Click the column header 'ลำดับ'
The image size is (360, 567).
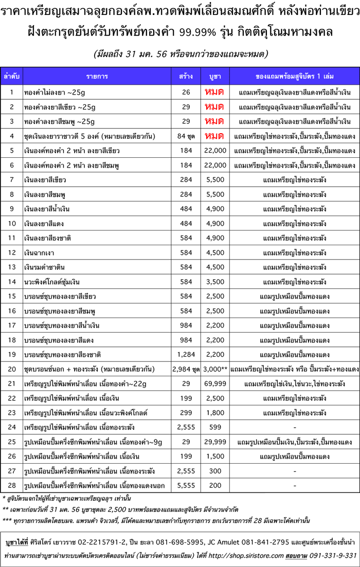(x=11, y=76)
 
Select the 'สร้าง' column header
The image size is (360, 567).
(x=186, y=76)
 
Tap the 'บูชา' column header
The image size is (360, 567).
(x=215, y=76)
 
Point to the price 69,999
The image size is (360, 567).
(x=215, y=383)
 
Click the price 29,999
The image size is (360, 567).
(x=215, y=442)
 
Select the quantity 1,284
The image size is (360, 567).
(x=186, y=354)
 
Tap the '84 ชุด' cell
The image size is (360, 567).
(x=186, y=136)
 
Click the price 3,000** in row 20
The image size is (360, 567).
(x=215, y=369)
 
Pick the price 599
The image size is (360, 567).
(x=215, y=427)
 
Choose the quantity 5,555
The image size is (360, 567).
(x=186, y=485)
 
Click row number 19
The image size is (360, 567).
(x=11, y=354)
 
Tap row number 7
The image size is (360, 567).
(x=11, y=180)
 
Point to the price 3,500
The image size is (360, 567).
(x=215, y=282)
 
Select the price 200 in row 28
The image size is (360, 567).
(x=215, y=485)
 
